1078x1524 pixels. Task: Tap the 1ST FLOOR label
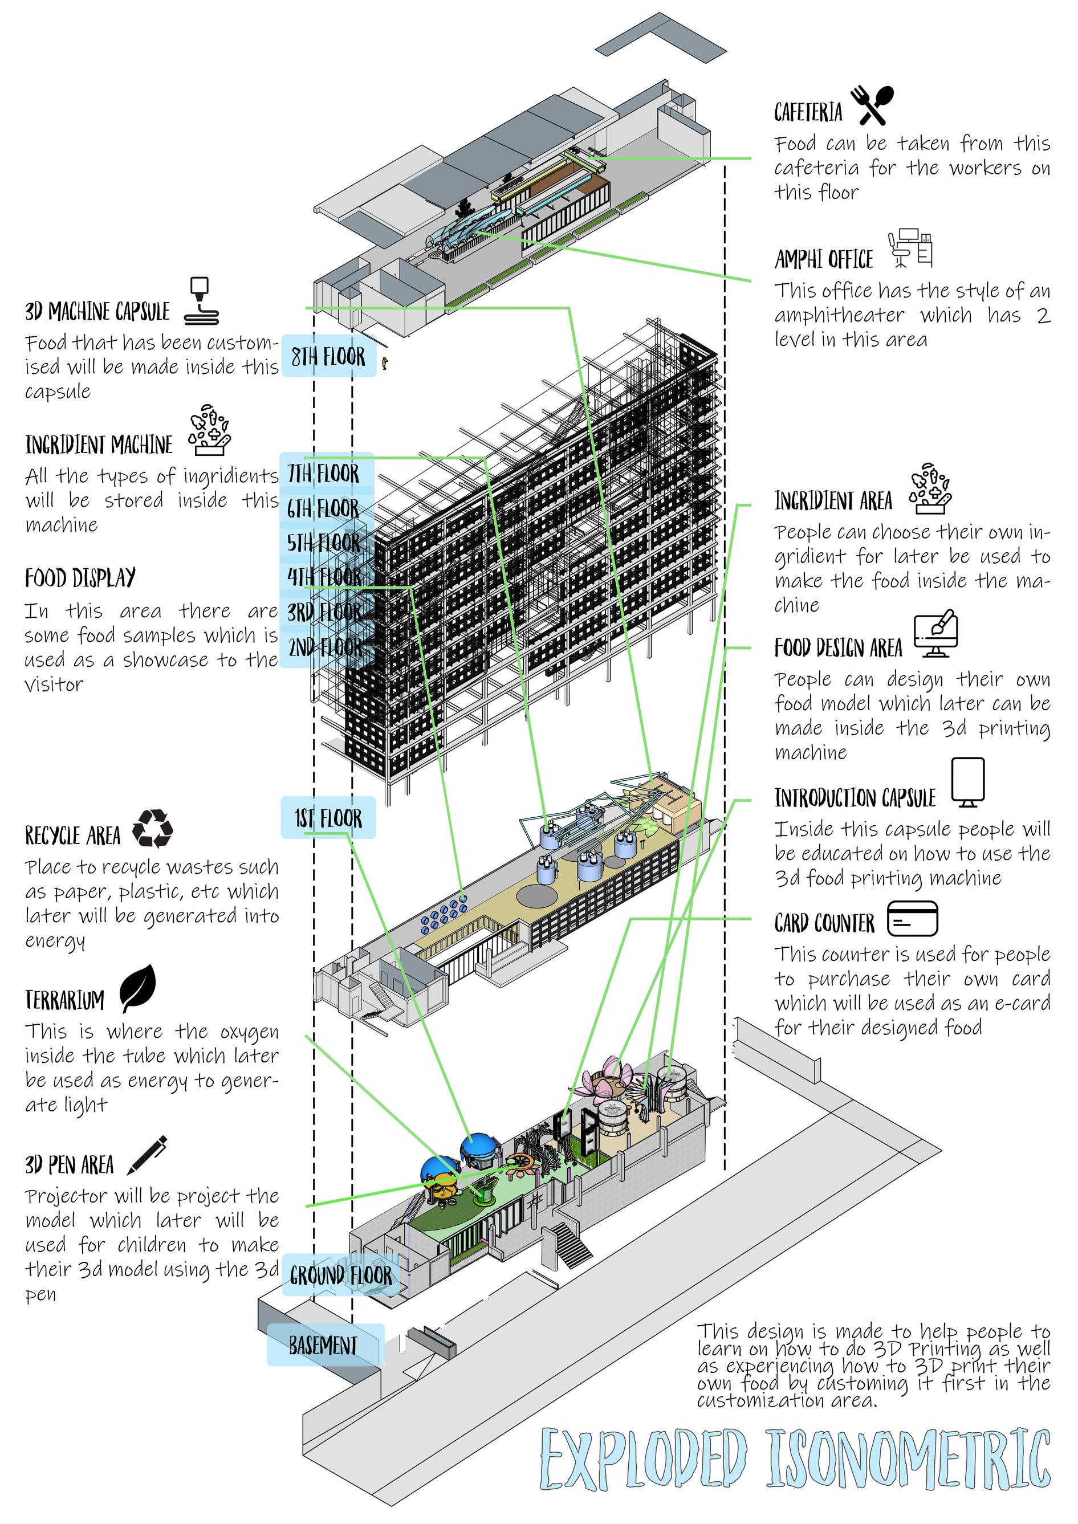(328, 818)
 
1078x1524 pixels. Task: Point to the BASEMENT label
(323, 1346)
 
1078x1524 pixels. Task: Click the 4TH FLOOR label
(324, 577)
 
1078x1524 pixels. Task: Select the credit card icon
(912, 919)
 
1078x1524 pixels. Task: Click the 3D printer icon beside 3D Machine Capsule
(202, 301)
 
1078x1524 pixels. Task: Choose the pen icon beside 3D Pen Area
(147, 1155)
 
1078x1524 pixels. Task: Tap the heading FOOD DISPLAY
(80, 578)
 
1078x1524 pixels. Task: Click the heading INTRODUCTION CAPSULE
(855, 798)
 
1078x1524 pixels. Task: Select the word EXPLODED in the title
(642, 1459)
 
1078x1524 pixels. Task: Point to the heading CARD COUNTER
(824, 923)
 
